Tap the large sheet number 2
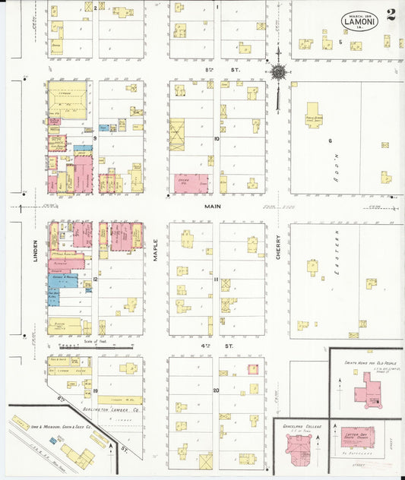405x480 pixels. click(391, 15)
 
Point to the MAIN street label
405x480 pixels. click(210, 206)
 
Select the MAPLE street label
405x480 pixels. click(154, 251)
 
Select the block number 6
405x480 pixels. click(331, 141)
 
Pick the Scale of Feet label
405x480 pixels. click(99, 341)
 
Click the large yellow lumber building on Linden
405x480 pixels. click(68, 99)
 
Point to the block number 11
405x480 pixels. click(216, 279)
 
